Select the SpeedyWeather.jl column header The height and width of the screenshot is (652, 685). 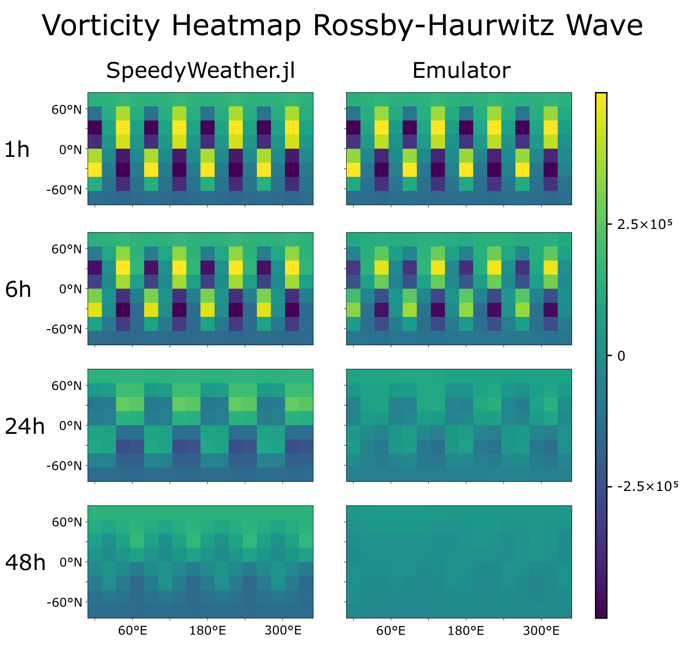click(x=200, y=71)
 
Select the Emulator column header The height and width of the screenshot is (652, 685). click(x=461, y=71)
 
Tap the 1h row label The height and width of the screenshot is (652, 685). click(x=17, y=150)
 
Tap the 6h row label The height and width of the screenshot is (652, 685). click(x=18, y=290)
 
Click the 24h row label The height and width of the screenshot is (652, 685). click(x=24, y=426)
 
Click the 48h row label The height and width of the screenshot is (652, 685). click(x=25, y=563)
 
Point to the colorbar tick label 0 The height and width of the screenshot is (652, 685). click(x=620, y=356)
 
